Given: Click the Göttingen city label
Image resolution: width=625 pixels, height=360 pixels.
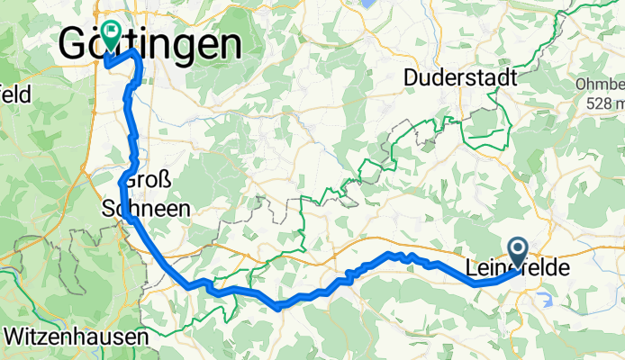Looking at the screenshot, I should tap(151, 43).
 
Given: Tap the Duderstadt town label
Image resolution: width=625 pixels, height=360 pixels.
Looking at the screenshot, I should tap(460, 78).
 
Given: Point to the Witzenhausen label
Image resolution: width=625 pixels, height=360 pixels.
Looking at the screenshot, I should tap(76, 337).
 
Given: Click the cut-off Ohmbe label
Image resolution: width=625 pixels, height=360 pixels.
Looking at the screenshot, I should tap(598, 84).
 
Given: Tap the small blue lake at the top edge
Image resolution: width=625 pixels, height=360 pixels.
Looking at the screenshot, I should tap(368, 3).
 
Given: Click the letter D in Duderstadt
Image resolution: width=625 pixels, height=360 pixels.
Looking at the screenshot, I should tap(411, 78).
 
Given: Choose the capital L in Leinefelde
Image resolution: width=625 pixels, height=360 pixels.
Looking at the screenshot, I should tap(474, 267).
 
